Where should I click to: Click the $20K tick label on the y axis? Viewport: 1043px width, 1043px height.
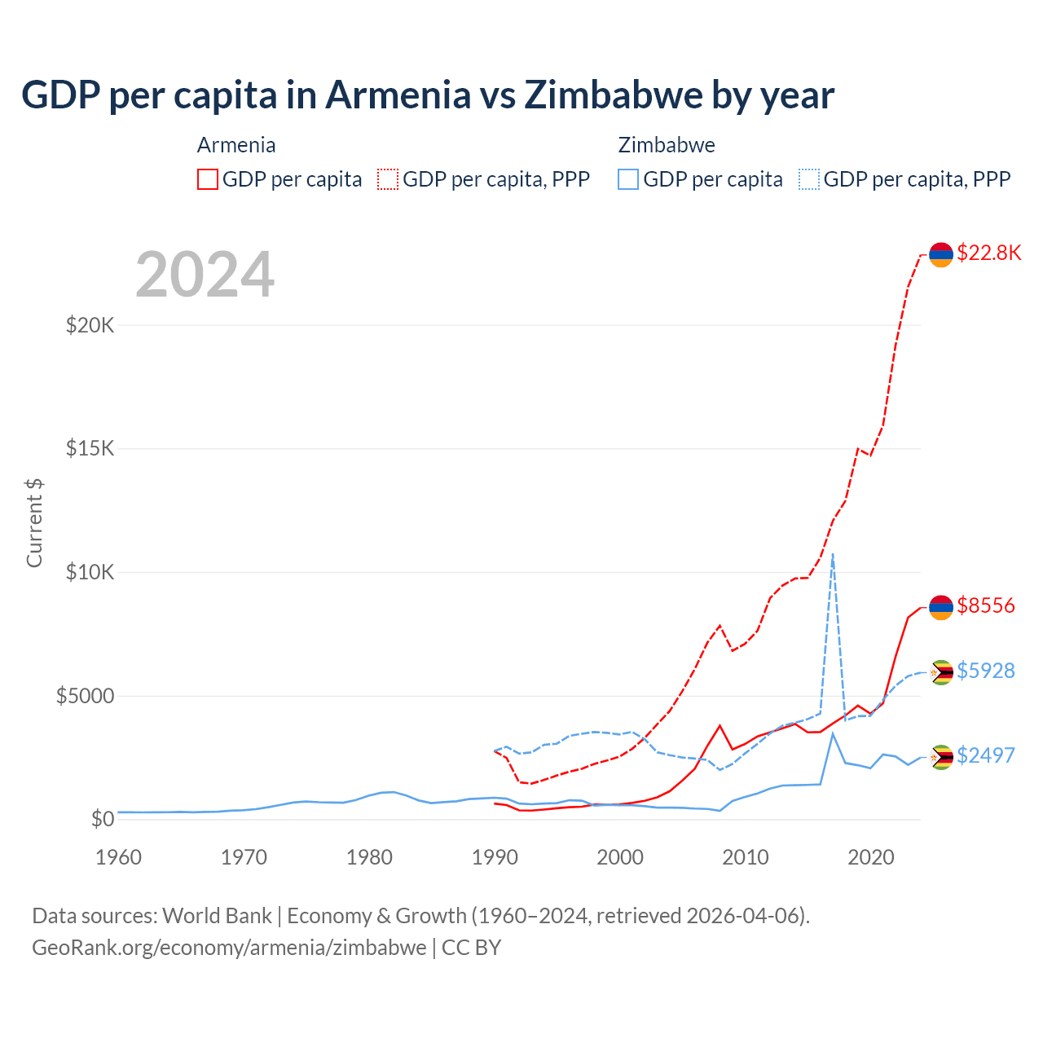pyautogui.click(x=90, y=326)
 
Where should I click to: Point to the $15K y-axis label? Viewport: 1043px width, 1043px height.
pyautogui.click(x=90, y=449)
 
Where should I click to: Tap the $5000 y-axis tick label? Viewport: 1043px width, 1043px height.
pyautogui.click(x=85, y=696)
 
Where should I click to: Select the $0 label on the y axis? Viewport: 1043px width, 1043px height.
pyautogui.click(x=102, y=819)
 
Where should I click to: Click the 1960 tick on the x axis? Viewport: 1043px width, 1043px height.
pyautogui.click(x=118, y=857)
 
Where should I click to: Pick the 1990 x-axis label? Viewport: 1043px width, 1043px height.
pyautogui.click(x=495, y=857)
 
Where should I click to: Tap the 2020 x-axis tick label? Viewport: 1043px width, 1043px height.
pyautogui.click(x=871, y=857)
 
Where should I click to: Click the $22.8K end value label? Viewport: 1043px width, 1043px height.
pyautogui.click(x=988, y=253)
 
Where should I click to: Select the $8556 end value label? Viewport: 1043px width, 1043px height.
pyautogui.click(x=985, y=605)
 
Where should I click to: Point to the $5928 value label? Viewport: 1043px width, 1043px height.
pyautogui.click(x=985, y=671)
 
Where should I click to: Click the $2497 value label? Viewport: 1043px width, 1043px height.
pyautogui.click(x=985, y=755)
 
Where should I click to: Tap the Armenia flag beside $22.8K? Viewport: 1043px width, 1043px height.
pyautogui.click(x=941, y=255)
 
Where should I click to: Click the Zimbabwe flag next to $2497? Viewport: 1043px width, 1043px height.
pyautogui.click(x=941, y=757)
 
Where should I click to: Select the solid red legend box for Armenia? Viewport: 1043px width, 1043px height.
pyautogui.click(x=208, y=179)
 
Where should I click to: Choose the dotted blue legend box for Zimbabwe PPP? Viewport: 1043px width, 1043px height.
pyautogui.click(x=809, y=179)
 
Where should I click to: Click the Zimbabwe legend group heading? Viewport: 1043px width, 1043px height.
pyautogui.click(x=667, y=145)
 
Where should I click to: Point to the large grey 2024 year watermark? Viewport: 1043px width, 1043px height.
pyautogui.click(x=205, y=275)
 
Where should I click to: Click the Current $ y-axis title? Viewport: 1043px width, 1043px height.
pyautogui.click(x=34, y=523)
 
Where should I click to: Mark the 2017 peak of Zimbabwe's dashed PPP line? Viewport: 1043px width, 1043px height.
pyautogui.click(x=832, y=554)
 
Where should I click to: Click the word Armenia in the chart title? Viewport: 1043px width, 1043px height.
pyautogui.click(x=398, y=95)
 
